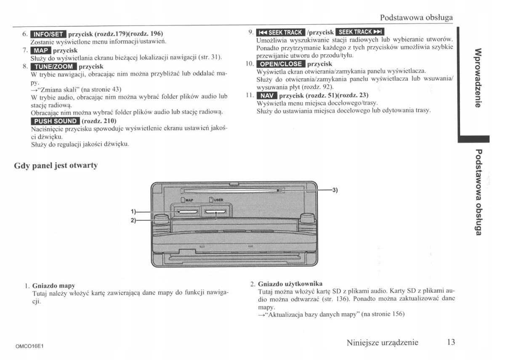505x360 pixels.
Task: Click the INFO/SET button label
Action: click(48, 34)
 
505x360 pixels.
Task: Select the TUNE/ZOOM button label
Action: click(53, 66)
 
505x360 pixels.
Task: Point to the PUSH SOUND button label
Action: click(54, 122)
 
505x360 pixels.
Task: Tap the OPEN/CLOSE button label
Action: click(281, 64)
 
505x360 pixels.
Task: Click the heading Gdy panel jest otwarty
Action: click(56, 166)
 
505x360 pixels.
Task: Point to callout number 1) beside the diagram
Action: click(133, 212)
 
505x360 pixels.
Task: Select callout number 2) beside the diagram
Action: click(133, 220)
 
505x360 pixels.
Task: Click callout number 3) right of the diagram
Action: click(335, 190)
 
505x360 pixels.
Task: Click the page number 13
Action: click(451, 342)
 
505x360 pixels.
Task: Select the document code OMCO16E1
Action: click(30, 346)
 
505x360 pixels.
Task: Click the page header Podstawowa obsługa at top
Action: click(416, 18)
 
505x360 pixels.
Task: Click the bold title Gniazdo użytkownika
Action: click(290, 283)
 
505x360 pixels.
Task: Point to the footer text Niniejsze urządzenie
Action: click(382, 342)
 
